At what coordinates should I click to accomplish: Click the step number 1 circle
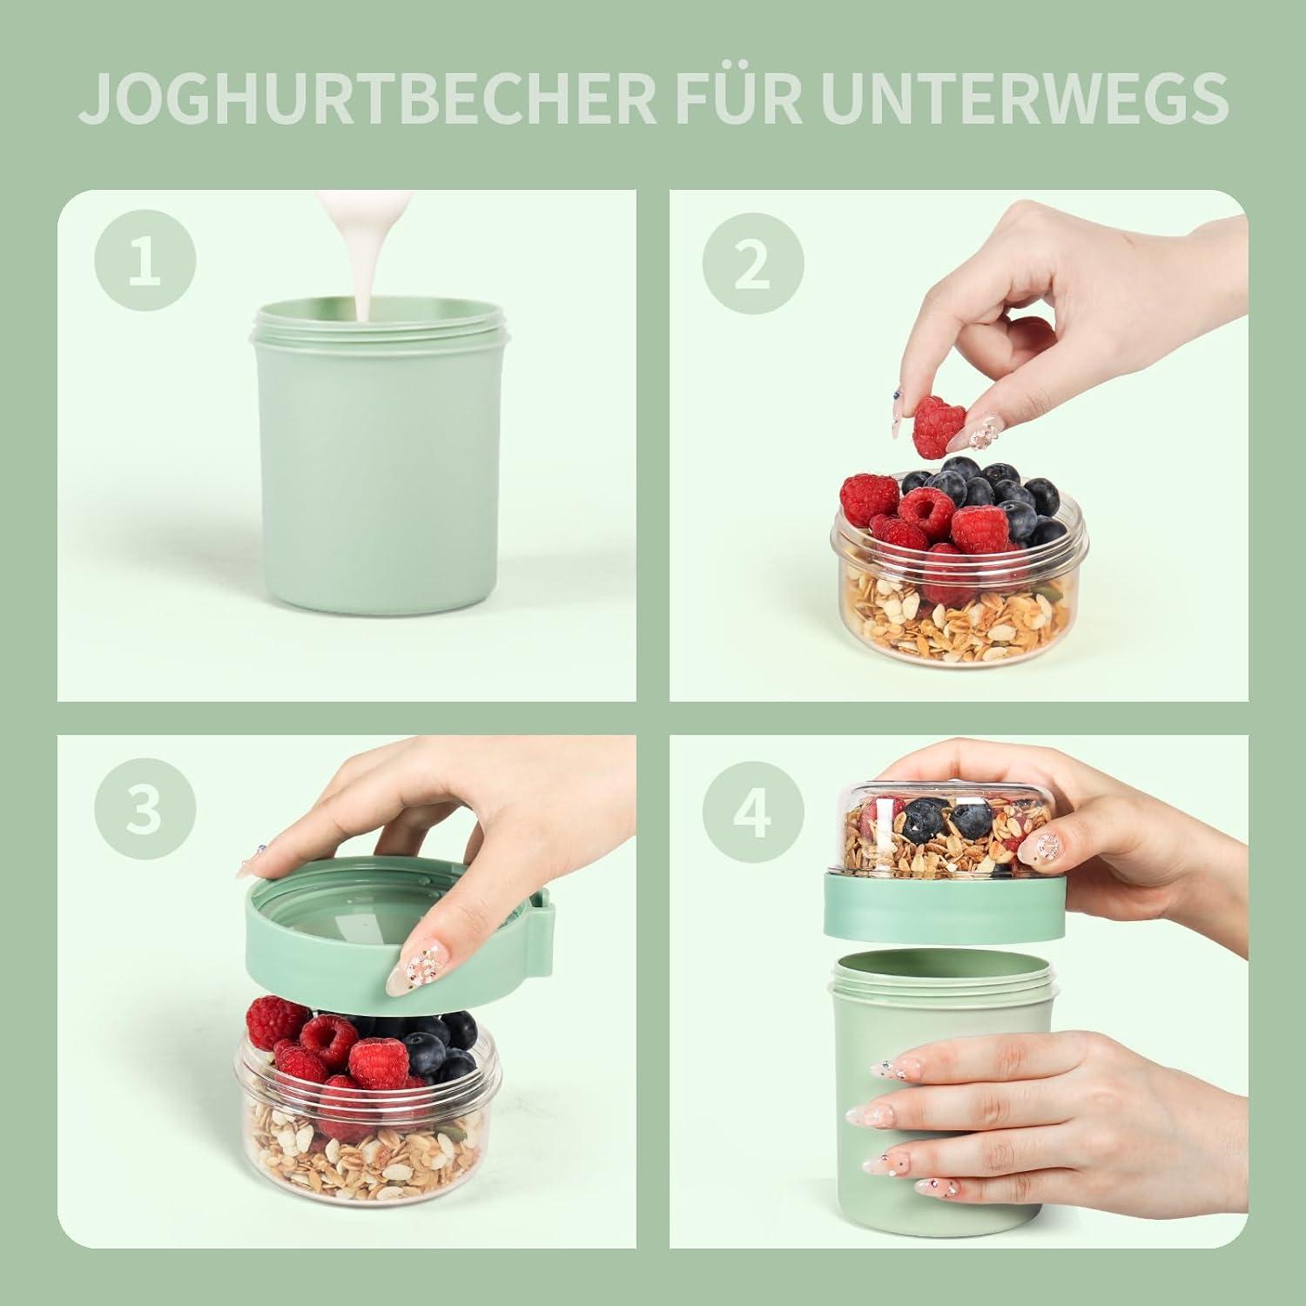coord(145,260)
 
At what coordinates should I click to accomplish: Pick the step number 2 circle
coord(752,260)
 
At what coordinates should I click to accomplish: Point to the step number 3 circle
coord(145,808)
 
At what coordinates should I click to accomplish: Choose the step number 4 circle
coord(752,808)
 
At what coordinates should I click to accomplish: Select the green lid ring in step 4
coord(945,910)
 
